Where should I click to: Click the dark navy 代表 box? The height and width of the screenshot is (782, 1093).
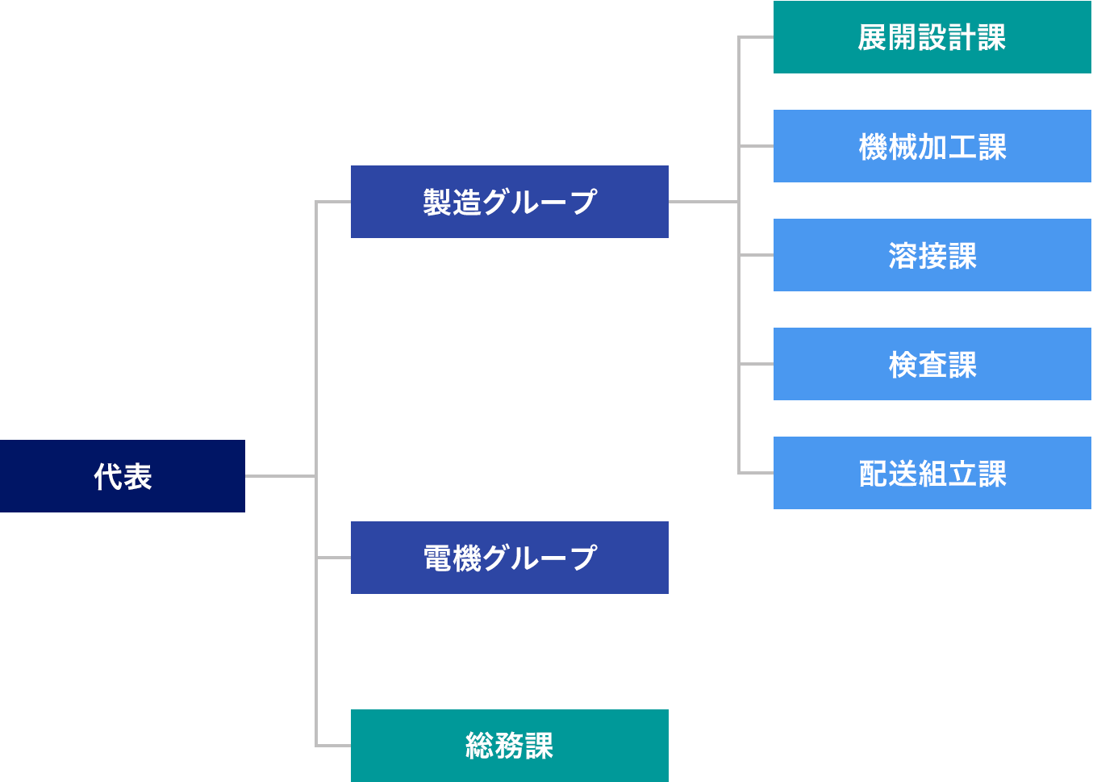point(122,476)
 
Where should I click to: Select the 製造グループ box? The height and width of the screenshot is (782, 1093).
point(509,202)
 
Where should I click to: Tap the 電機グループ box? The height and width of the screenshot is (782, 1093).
point(509,558)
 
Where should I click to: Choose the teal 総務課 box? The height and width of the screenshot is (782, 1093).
point(509,746)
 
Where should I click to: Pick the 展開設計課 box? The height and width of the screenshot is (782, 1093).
point(932,37)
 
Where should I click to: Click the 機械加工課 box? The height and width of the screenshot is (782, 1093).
point(932,146)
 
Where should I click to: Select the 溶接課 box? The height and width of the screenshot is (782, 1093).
point(932,255)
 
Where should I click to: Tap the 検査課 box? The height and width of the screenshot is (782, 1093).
point(932,364)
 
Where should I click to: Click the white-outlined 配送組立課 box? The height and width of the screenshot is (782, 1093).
point(932,473)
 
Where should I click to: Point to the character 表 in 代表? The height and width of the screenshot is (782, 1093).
point(138,477)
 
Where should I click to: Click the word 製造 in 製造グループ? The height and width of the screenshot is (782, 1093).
point(452,203)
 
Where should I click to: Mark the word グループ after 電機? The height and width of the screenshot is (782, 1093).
point(540,558)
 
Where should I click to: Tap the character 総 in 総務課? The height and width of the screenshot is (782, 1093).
point(480,746)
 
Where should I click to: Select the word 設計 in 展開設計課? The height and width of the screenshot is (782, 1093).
point(947,38)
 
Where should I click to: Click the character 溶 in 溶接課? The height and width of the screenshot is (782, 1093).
point(903,256)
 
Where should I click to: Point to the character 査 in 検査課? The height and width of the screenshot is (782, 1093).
point(932,365)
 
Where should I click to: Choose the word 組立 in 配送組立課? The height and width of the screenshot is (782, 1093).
point(947,474)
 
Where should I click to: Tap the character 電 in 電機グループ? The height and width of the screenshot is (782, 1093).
point(437,558)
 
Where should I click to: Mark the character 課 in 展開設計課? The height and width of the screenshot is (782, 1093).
point(992,38)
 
